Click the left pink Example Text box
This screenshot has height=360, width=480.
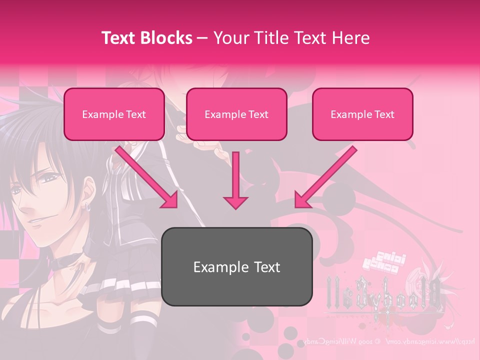(x=114, y=114)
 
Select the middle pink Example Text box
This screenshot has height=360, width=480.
(x=236, y=114)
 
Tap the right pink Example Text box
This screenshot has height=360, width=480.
(x=362, y=114)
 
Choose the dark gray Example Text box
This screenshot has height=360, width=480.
(x=236, y=266)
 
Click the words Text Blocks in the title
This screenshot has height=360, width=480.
(x=146, y=38)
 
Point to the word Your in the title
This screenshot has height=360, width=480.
(x=228, y=38)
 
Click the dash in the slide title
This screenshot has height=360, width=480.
(x=202, y=38)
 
